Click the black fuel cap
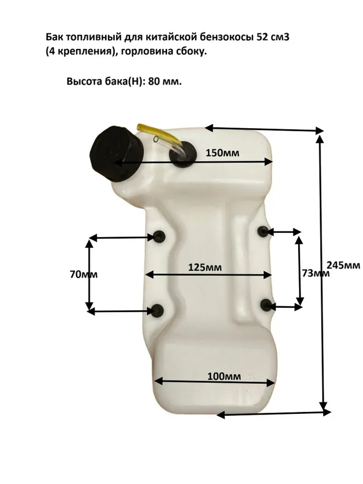[117, 154]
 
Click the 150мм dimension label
[222, 153]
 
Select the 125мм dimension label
[205, 267]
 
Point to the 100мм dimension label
[224, 376]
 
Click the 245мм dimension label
[343, 265]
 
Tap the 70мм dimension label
[84, 275]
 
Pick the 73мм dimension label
[316, 273]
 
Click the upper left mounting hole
[159, 236]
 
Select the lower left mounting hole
[157, 310]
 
